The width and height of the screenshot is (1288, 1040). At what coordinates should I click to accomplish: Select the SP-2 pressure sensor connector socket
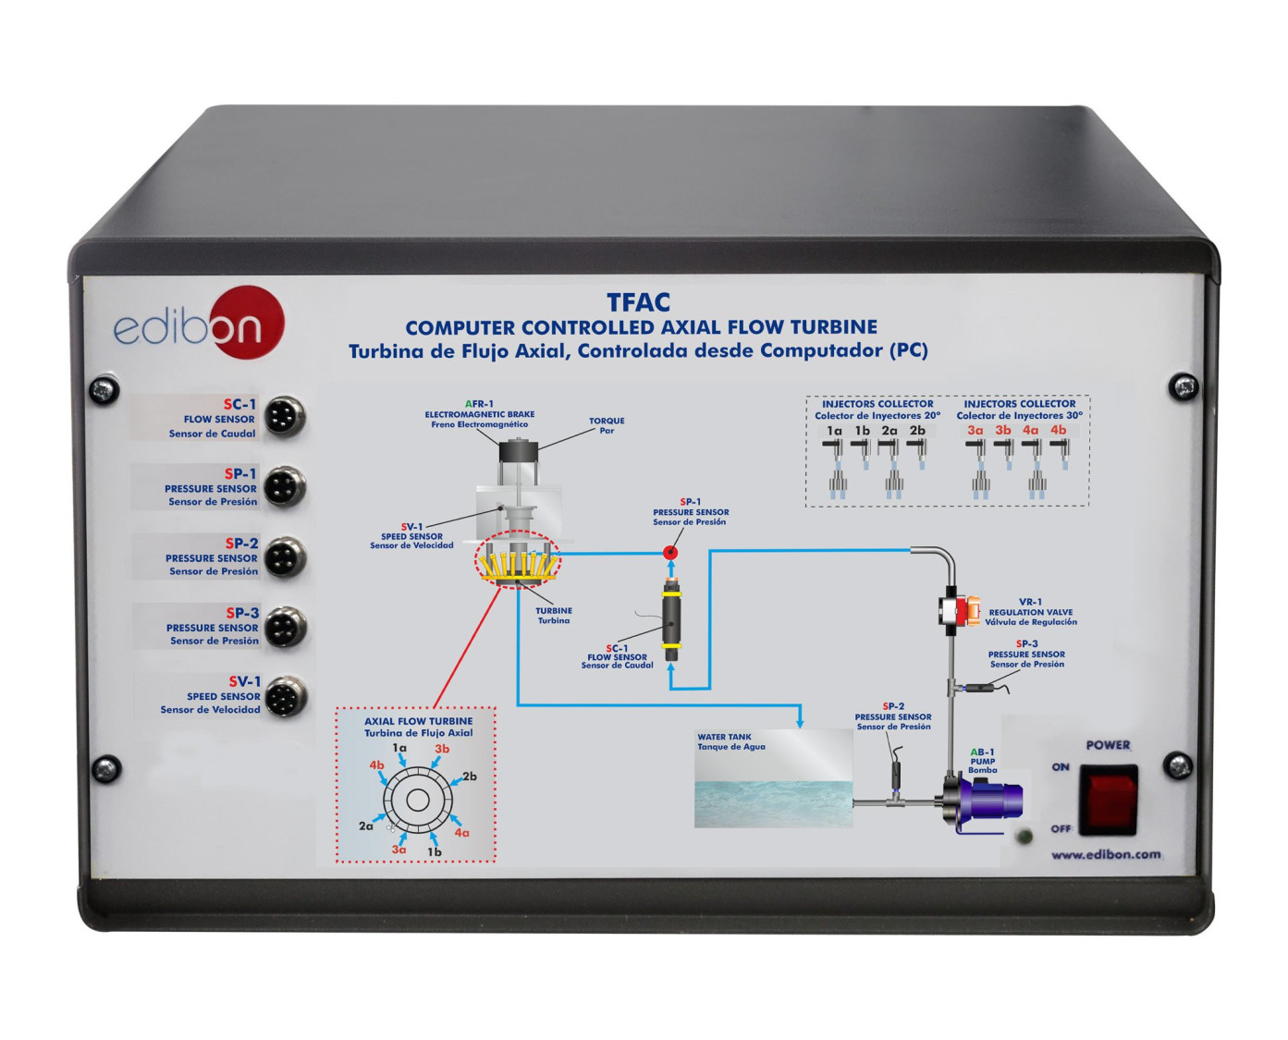tap(284, 557)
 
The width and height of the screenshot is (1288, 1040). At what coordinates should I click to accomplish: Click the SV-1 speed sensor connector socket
tap(284, 696)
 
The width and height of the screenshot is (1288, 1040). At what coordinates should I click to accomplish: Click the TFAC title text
tap(638, 302)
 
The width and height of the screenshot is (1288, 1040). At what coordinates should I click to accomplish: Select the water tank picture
tap(774, 777)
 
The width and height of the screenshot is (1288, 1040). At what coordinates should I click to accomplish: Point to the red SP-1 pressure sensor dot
tap(671, 553)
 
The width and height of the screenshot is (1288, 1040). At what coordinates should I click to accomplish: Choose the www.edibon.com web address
tap(1106, 855)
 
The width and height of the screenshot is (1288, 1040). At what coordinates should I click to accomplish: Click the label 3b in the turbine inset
tap(442, 749)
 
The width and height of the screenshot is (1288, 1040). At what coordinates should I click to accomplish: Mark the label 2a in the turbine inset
tap(366, 826)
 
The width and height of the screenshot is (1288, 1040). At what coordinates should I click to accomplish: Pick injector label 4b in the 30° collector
tap(1058, 430)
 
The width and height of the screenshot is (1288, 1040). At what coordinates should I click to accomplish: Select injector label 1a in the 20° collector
tap(834, 431)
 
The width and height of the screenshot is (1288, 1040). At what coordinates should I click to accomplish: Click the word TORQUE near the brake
tap(607, 421)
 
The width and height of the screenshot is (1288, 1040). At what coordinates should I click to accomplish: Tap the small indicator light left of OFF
tap(1024, 838)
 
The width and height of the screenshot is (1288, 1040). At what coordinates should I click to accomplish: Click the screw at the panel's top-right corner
tap(1183, 386)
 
